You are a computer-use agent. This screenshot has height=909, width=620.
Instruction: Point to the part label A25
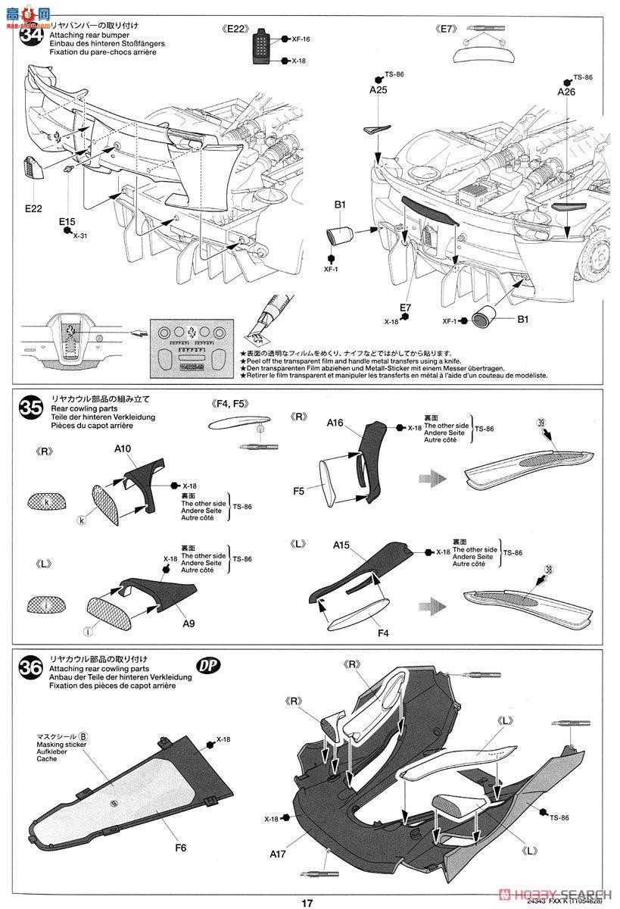[x=379, y=90]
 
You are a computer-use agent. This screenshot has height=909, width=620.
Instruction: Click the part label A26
[x=566, y=92]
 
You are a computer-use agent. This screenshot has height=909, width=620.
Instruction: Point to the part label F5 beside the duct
[x=299, y=491]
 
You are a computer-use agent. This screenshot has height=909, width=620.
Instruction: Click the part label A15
[x=341, y=545]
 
